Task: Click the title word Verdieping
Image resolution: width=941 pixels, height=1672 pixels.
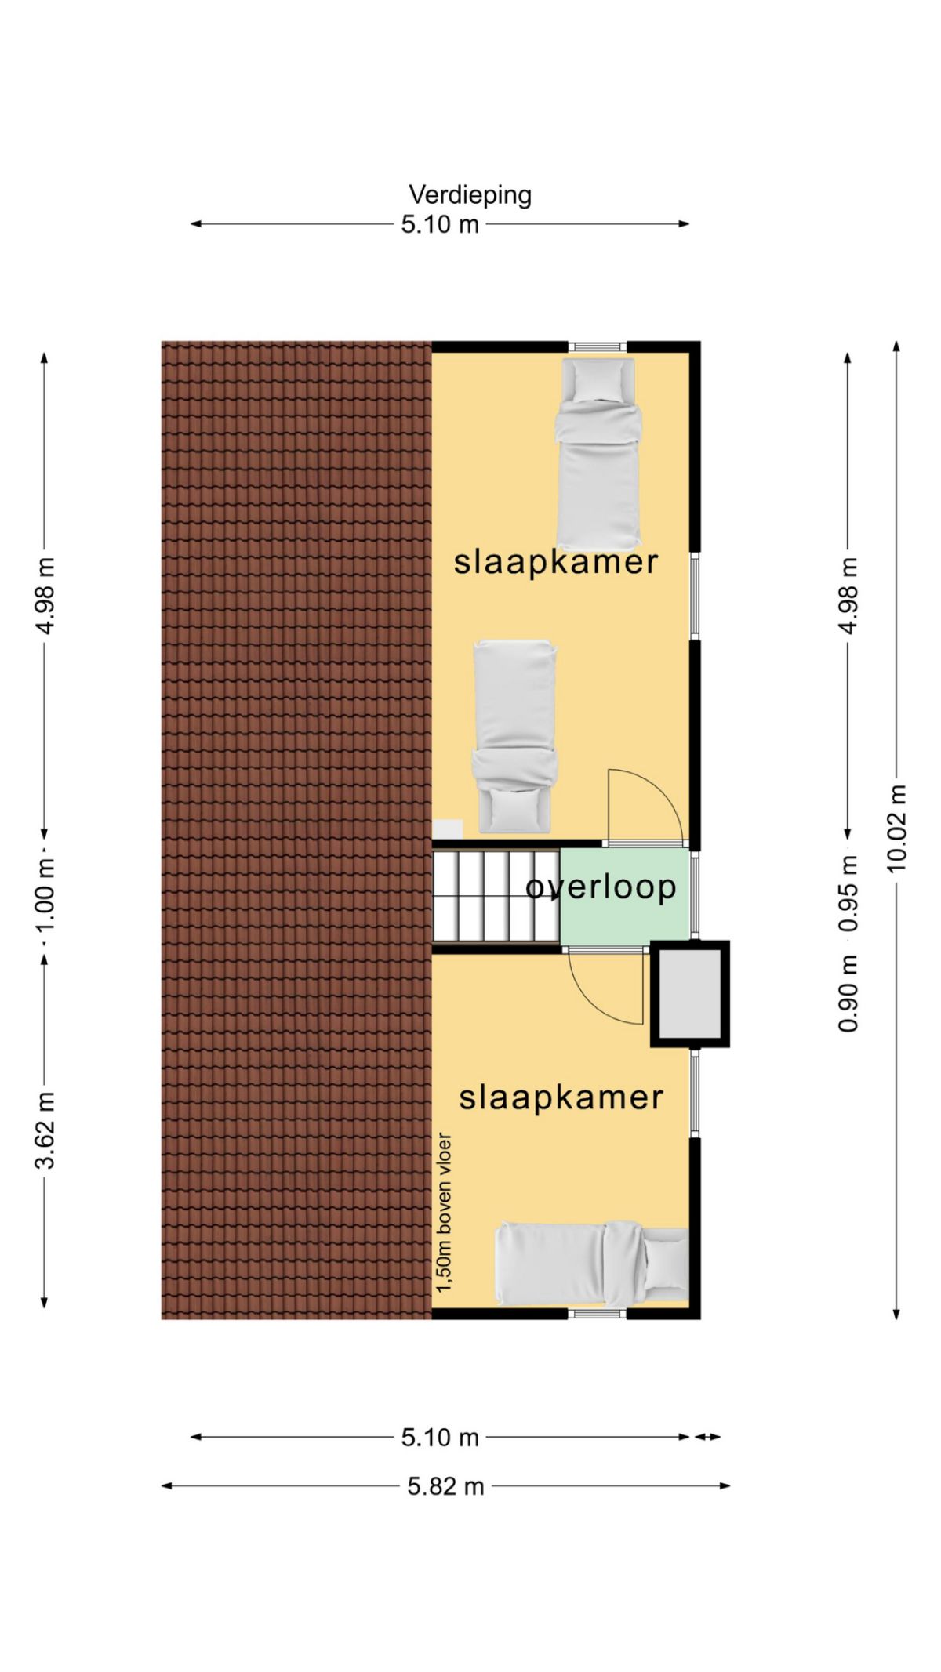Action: pyautogui.click(x=470, y=195)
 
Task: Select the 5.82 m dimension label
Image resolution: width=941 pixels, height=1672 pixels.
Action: pyautogui.click(x=445, y=1485)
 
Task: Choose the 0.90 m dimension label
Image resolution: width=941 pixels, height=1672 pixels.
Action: pyautogui.click(x=848, y=995)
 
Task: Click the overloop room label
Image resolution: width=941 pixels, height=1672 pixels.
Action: pyautogui.click(x=601, y=887)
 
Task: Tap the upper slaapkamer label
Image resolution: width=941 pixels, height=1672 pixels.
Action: pyautogui.click(x=556, y=562)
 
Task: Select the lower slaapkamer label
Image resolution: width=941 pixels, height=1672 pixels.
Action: pyautogui.click(x=561, y=1097)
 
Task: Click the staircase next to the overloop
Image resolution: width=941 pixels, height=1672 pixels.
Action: pyautogui.click(x=496, y=896)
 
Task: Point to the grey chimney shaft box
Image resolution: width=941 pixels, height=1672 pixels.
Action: pyautogui.click(x=689, y=993)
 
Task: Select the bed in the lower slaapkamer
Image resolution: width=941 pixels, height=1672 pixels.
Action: pyautogui.click(x=592, y=1264)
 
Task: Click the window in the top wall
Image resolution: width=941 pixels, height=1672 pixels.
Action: pyautogui.click(x=598, y=346)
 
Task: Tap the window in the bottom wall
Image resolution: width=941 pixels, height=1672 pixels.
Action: pyautogui.click(x=598, y=1313)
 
